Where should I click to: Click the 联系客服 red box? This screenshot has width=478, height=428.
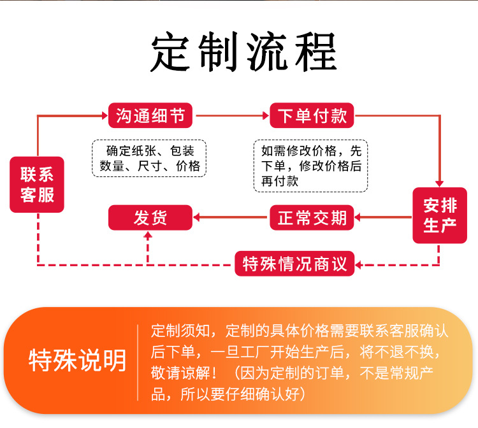pos(37,185)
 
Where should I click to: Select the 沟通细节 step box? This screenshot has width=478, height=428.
pos(150,115)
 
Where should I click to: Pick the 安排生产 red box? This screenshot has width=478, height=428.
pos(440,215)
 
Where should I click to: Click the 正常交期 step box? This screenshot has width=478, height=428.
pos(312,217)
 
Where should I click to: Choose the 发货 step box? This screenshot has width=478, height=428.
pos(150,217)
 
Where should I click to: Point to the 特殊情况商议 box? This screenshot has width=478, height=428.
pos(294,263)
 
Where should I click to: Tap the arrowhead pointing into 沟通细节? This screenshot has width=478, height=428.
pos(104,115)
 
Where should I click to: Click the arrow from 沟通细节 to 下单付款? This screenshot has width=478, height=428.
pos(233,115)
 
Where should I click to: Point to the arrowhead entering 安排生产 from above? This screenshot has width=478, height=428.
pos(440,183)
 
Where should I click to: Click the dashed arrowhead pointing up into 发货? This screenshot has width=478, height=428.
pos(149,235)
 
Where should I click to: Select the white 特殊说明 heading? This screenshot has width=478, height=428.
pos(77,361)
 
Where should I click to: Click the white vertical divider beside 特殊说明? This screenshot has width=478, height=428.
pos(138,362)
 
